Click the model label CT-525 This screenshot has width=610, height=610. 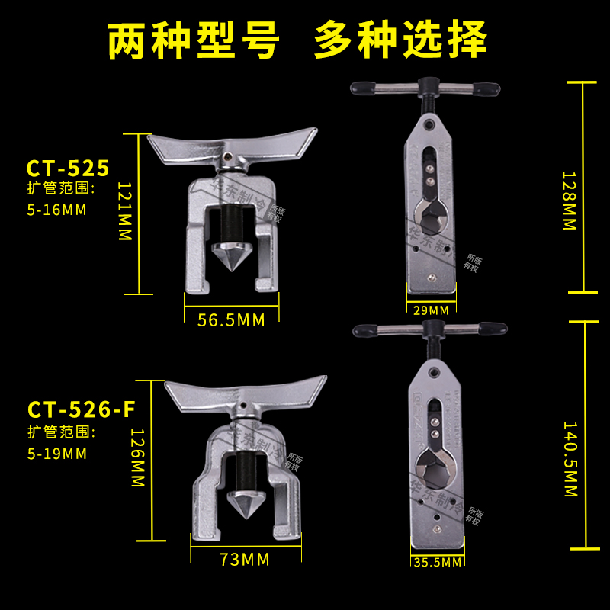point(68,167)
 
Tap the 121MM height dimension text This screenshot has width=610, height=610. point(125,211)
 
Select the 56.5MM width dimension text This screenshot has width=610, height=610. point(230,320)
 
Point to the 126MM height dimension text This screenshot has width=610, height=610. point(137,457)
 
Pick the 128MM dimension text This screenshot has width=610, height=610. point(569,201)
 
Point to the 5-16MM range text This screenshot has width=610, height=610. point(55,208)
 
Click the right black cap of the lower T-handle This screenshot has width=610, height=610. point(493,329)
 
